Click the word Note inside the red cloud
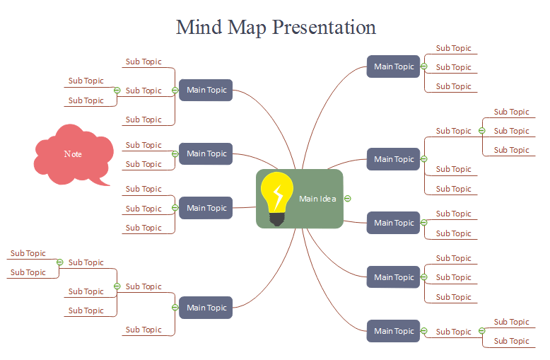tap(73, 153)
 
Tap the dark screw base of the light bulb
tap(276, 218)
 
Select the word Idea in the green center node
tap(328, 199)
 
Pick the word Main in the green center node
tap(308, 199)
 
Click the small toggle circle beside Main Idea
tap(348, 199)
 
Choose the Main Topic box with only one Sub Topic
tap(393, 331)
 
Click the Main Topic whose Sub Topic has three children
tap(393, 159)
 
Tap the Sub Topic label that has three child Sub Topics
tap(453, 131)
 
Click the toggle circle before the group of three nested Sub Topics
tap(482, 131)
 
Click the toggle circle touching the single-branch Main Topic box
tap(423, 331)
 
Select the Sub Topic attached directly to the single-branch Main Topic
tap(453, 332)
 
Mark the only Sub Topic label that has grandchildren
tap(144, 286)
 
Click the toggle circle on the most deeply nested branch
tap(60, 262)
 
